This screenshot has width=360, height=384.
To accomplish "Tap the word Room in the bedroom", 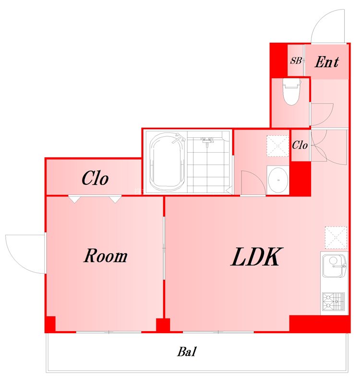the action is click(106, 256).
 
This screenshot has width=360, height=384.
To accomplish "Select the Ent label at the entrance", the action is click(327, 62).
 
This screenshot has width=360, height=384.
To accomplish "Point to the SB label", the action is click(296, 60).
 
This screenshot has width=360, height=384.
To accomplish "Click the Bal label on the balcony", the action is click(187, 352).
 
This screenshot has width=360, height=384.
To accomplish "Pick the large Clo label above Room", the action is click(95, 178).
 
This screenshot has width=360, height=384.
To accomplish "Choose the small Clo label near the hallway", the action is click(300, 145).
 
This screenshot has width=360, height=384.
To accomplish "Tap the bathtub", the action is click(167, 162).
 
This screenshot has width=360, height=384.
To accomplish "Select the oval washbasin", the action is click(278, 180).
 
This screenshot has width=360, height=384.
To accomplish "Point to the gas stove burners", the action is click(333, 302).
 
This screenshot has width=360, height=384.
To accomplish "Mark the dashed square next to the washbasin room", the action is click(278, 146).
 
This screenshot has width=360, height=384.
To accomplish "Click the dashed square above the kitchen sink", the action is click(336, 238).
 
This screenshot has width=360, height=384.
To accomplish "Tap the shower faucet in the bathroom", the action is click(207, 141).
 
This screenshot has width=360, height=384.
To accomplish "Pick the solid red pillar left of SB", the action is click(279, 60).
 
